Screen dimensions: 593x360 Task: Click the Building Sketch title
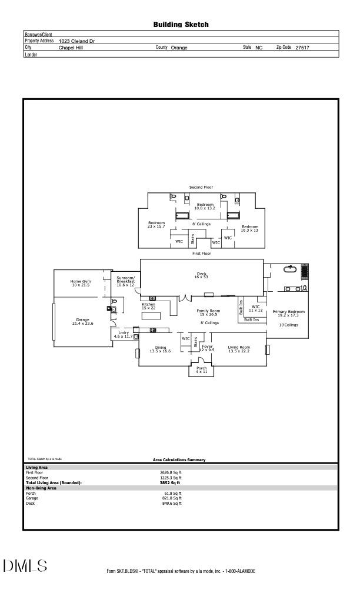click(x=181, y=25)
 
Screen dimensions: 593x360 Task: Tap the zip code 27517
click(x=302, y=48)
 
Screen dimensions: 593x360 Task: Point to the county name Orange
click(x=179, y=48)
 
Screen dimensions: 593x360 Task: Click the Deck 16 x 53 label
click(x=201, y=275)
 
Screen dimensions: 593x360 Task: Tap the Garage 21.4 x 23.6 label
click(x=82, y=321)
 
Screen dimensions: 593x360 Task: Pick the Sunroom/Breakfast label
click(x=125, y=280)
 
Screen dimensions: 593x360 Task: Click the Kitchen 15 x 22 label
click(x=149, y=306)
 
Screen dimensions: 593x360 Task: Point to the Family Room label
click(x=208, y=312)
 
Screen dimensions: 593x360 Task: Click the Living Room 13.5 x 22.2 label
click(x=239, y=349)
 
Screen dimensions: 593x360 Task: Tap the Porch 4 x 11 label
click(x=201, y=370)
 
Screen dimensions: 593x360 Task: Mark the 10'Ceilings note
click(x=288, y=325)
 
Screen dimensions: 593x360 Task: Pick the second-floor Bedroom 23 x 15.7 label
click(x=156, y=225)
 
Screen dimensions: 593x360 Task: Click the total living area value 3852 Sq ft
click(x=171, y=482)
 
